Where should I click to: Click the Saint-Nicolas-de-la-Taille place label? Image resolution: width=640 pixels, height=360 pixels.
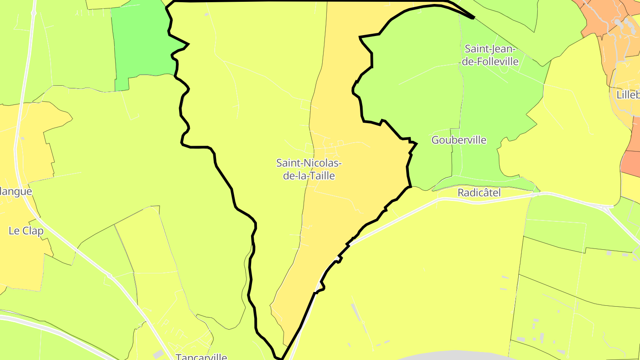pos(309,169)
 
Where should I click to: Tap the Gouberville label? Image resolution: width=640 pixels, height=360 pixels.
pos(459,140)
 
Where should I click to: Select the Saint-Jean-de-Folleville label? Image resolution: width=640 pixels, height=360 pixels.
pos(490,55)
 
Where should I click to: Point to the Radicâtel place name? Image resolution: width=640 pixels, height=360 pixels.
pos(479,192)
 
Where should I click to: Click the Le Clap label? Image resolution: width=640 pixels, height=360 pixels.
pos(26,231)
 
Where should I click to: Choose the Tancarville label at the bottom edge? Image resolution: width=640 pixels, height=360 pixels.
pos(201,356)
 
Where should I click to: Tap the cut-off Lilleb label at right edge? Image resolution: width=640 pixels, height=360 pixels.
pos(628,95)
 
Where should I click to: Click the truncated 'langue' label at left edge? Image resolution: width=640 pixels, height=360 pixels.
pos(16,192)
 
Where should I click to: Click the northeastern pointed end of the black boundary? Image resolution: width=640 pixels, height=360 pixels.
pos(474,18)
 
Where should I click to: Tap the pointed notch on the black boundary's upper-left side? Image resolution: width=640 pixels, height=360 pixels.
pos(188,44)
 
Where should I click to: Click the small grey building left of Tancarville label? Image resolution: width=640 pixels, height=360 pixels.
pos(158,354)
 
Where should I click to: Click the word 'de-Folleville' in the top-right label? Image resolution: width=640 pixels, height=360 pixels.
pos(490,61)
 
